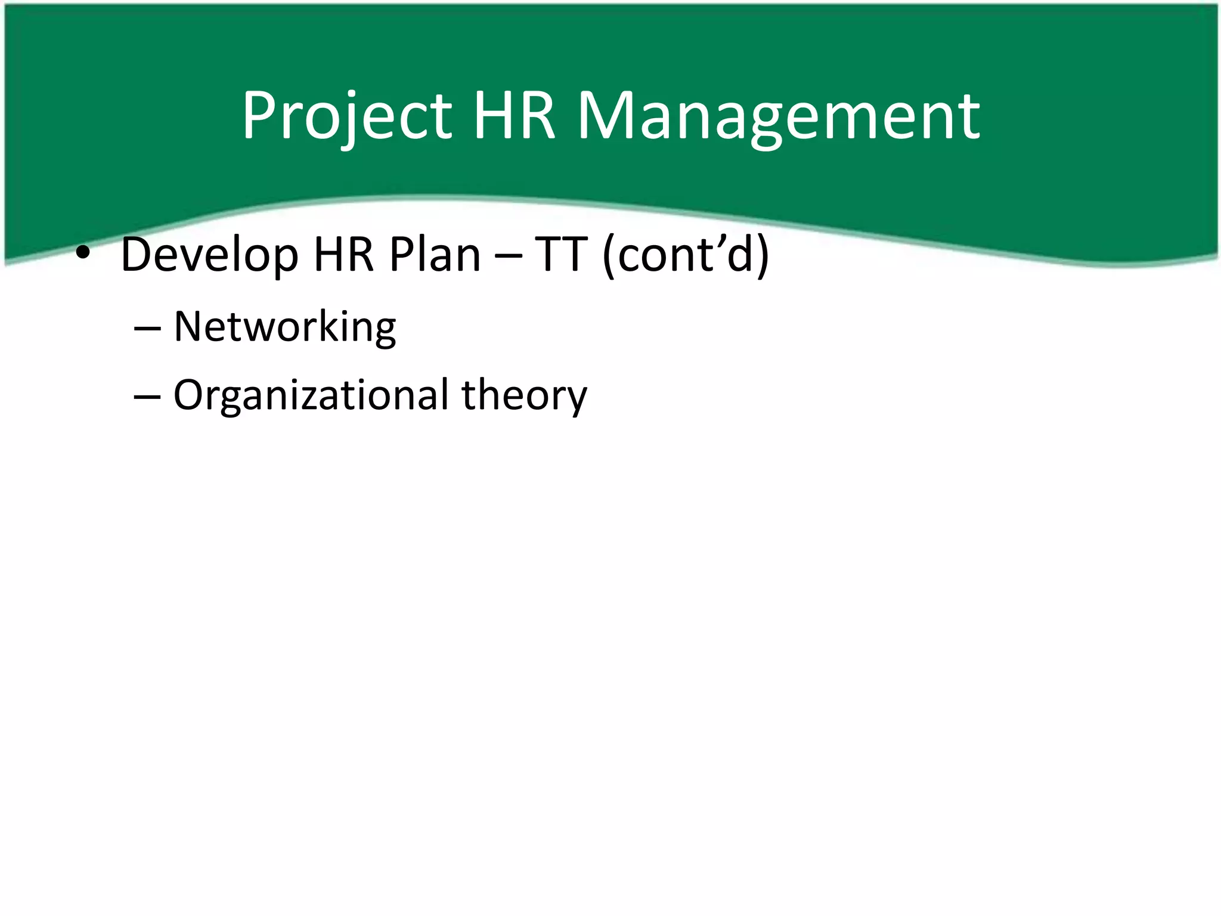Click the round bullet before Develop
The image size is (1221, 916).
[83, 253]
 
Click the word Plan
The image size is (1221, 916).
[435, 255]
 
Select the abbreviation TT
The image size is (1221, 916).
[561, 255]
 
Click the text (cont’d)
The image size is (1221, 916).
[686, 255]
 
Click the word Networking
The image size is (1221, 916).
[284, 327]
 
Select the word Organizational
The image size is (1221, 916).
[311, 395]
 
